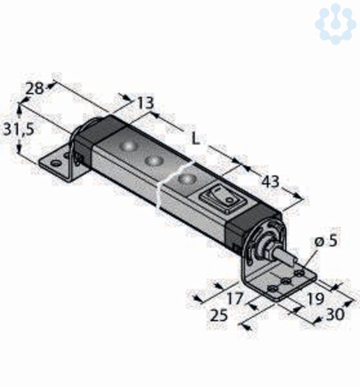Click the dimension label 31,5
18,130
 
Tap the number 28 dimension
35,88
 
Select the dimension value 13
145,103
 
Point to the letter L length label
195,139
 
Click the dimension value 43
270,182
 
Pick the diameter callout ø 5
326,240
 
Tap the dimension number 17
235,298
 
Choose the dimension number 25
219,315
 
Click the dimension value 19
315,299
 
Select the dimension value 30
335,314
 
